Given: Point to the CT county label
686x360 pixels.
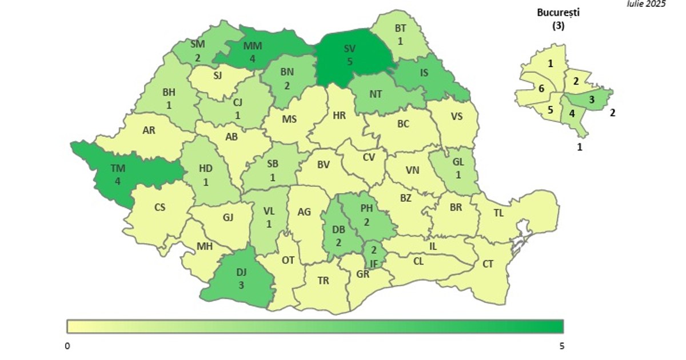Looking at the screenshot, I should tap(488, 264).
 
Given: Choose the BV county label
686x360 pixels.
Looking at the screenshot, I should tap(324, 165).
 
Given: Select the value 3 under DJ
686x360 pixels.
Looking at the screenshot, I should tap(241, 285).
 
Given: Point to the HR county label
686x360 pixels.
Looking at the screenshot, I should tap(339, 115).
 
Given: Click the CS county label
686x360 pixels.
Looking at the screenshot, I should tap(160, 207).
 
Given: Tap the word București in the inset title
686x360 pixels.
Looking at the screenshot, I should tap(558, 13).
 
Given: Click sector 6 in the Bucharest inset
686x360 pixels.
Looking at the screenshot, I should tap(541, 88).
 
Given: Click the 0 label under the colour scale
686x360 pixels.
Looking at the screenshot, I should tap(67, 346).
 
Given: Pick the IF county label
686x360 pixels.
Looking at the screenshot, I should tap(373, 263).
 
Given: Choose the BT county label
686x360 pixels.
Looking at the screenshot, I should tap(401, 27).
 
